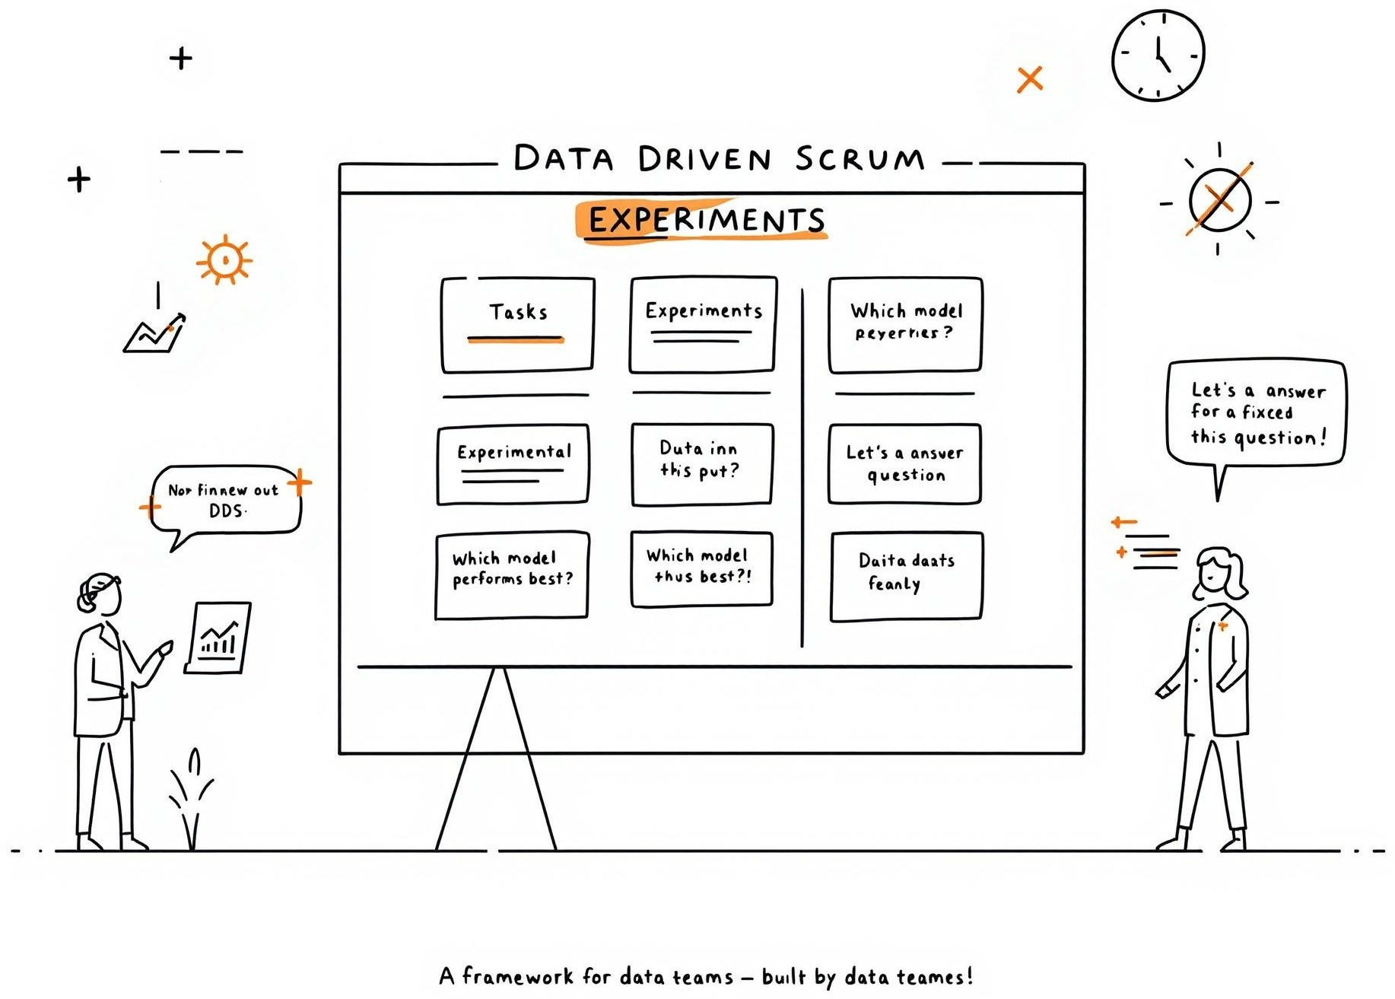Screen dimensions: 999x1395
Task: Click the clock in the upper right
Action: click(1158, 56)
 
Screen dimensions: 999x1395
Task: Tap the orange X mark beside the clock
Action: click(1029, 79)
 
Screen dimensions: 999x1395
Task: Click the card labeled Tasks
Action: click(517, 325)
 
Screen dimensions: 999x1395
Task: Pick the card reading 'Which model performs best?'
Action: click(512, 575)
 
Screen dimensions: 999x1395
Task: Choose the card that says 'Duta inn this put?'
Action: click(701, 464)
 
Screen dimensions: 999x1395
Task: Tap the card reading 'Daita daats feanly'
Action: click(906, 577)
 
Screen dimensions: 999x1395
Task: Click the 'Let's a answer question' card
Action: click(904, 464)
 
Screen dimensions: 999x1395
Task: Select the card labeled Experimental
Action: click(513, 464)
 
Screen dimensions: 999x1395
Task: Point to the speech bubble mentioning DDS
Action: click(225, 501)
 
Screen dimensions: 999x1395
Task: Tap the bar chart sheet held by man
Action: click(218, 638)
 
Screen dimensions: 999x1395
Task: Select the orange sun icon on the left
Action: click(224, 260)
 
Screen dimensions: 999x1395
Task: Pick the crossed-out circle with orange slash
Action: click(1219, 200)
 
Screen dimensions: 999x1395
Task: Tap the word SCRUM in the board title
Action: click(860, 159)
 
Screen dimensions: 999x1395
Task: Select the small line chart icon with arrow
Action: click(154, 333)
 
